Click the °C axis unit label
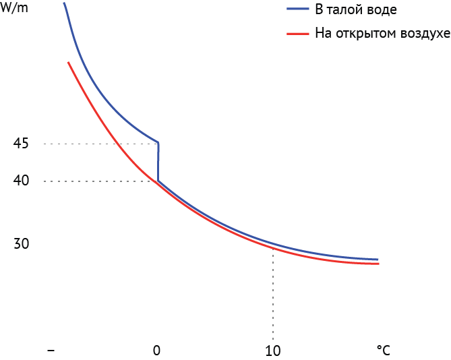(383, 351)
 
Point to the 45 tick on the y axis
(21, 144)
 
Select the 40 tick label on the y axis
(21, 181)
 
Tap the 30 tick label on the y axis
(21, 244)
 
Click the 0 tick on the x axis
(156, 351)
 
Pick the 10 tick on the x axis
(272, 351)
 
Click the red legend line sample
(297, 32)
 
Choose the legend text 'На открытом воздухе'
(382, 33)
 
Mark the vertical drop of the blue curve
(158, 162)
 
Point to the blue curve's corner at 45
(158, 142)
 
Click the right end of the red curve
(378, 264)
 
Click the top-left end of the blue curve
(64, 3)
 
